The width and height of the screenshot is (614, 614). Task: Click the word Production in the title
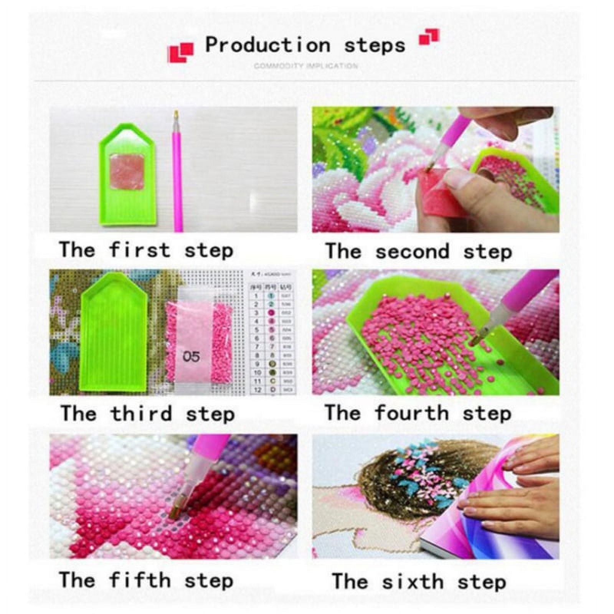(267, 45)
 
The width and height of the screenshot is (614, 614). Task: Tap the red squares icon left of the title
(180, 52)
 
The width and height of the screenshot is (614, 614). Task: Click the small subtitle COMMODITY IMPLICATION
(305, 66)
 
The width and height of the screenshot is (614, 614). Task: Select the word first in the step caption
(139, 250)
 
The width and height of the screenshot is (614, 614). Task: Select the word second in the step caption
(412, 252)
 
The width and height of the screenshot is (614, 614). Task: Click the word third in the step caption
(141, 414)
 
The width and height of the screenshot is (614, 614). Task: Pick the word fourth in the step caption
(411, 413)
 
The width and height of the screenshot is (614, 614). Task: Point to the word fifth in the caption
(139, 579)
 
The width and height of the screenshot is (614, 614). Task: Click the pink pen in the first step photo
(177, 173)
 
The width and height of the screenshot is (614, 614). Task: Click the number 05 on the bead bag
(191, 357)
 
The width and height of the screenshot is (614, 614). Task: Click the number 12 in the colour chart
(258, 390)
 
